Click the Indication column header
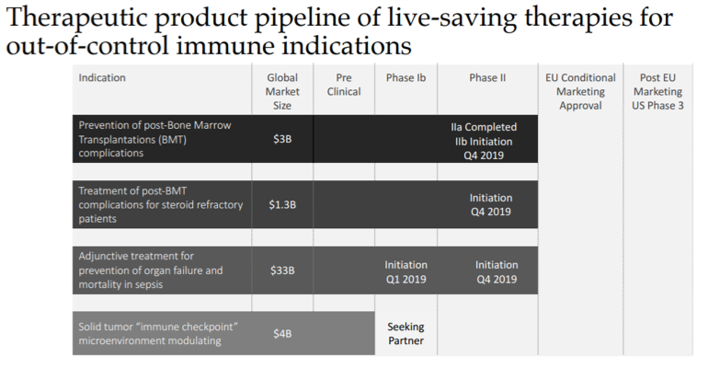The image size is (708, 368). [x=102, y=78]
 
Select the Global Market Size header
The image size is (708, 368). [x=282, y=92]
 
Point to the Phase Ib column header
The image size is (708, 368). [x=405, y=78]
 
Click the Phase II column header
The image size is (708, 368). [x=487, y=78]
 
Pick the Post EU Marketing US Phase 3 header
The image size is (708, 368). [x=658, y=92]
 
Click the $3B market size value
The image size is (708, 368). [x=282, y=139]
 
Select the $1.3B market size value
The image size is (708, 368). [x=282, y=203]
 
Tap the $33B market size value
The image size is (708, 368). [x=282, y=270]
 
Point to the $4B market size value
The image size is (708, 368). [x=282, y=333]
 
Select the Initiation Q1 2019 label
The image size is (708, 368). [x=405, y=271]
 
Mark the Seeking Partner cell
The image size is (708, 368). [x=405, y=333]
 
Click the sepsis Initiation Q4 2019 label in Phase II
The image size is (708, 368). [x=497, y=271]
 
